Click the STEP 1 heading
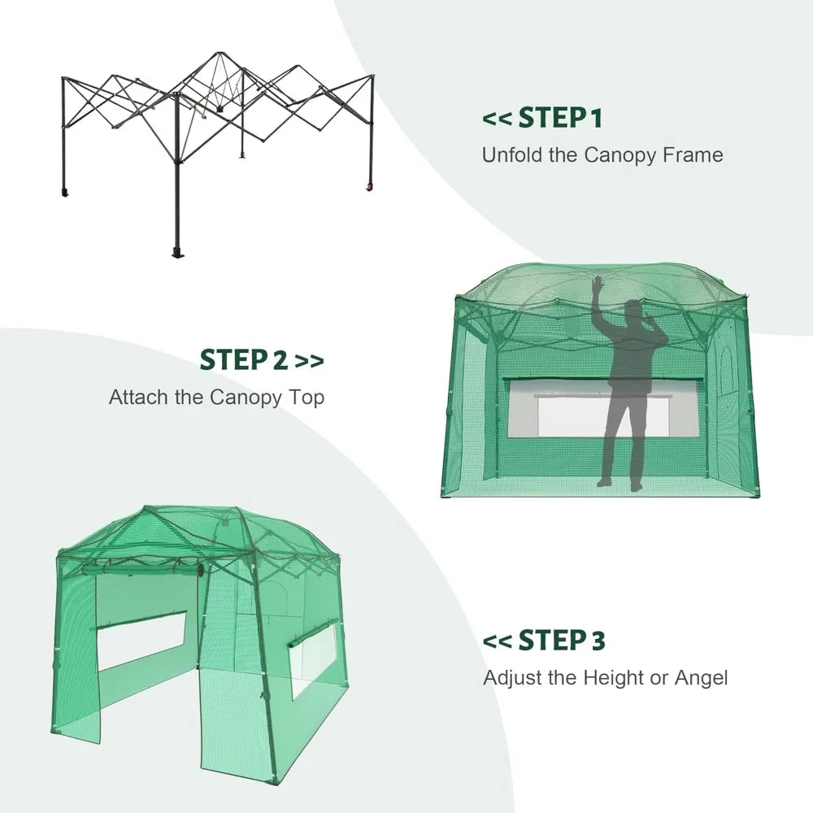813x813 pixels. [560, 118]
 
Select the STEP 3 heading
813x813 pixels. [562, 641]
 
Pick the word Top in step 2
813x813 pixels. [308, 398]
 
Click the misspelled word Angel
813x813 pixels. [700, 677]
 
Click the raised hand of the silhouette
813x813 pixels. [598, 285]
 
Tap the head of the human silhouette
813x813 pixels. [633, 312]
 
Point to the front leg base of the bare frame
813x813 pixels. [177, 251]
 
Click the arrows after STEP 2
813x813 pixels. [309, 360]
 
